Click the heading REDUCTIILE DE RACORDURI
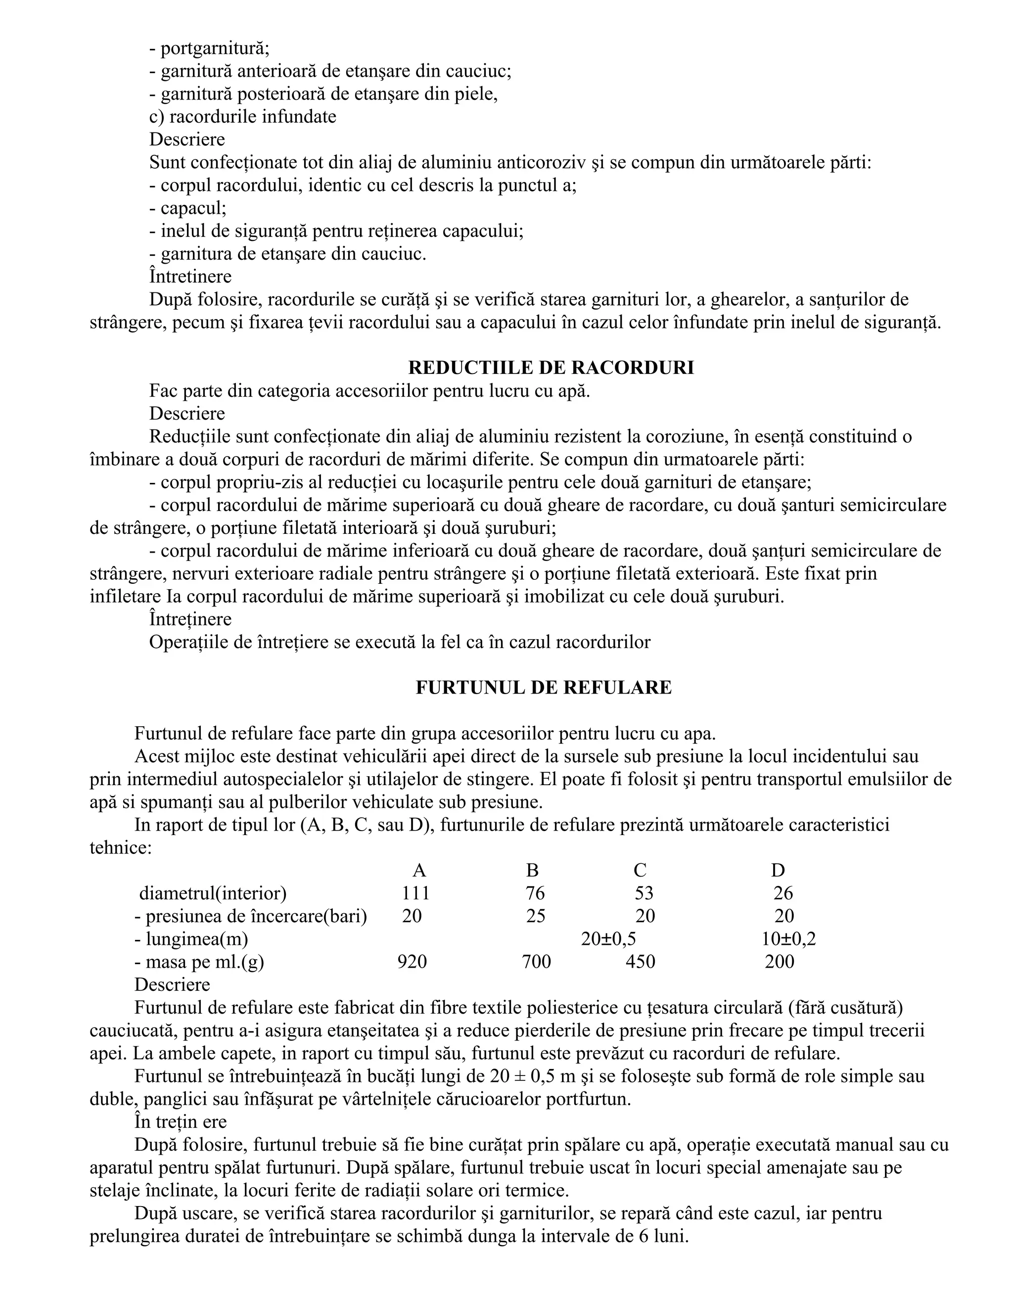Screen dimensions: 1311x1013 551,368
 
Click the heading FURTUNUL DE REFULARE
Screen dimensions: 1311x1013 544,687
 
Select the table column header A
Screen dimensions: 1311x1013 419,870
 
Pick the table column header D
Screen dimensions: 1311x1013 778,870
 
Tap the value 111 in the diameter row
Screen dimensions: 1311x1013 415,893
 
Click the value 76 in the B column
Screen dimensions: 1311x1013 535,893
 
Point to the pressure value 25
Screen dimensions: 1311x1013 535,916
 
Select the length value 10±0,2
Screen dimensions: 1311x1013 788,939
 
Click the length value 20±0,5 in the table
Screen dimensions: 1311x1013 608,939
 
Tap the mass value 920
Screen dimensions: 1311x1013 413,962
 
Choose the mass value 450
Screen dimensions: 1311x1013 641,962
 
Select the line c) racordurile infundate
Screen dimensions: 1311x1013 242,116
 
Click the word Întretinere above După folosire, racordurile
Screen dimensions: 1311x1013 190,277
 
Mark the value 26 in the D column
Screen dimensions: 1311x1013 783,893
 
